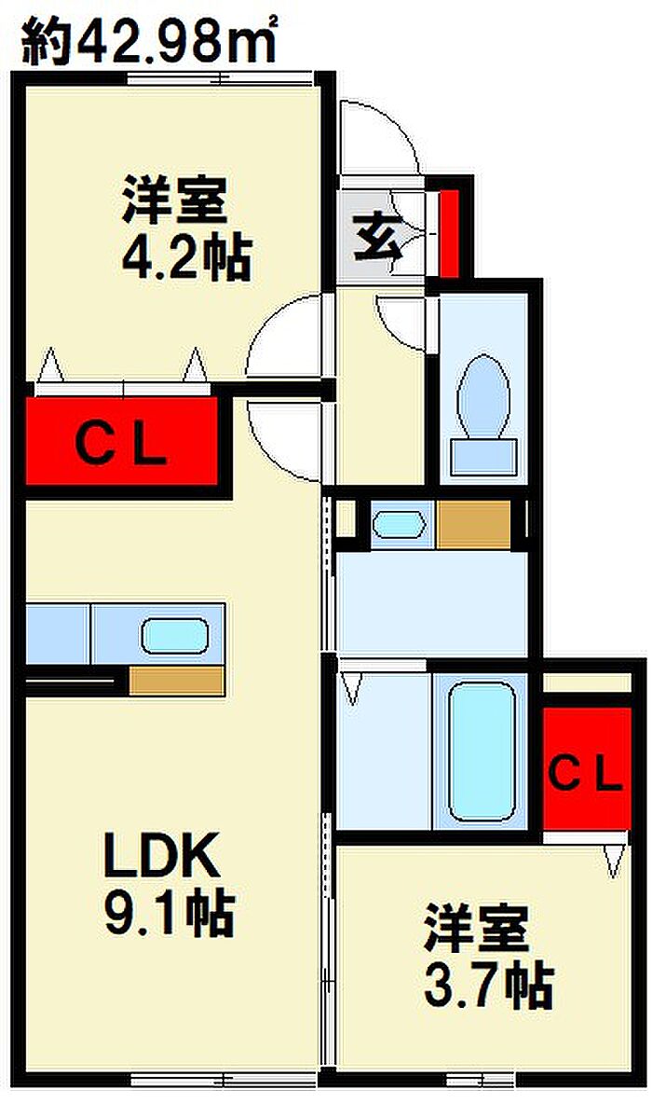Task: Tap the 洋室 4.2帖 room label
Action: click(x=185, y=228)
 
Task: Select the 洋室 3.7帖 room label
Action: click(x=488, y=956)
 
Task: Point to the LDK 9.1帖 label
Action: click(x=169, y=885)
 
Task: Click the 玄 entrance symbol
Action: click(x=377, y=237)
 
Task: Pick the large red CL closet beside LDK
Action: click(x=121, y=442)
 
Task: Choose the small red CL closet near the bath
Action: click(x=586, y=769)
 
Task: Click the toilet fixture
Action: click(x=483, y=415)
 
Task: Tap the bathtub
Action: click(x=482, y=752)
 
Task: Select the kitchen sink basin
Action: click(x=175, y=638)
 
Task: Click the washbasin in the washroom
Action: click(x=399, y=525)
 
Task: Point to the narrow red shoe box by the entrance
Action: click(x=449, y=233)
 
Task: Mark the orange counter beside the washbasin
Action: click(x=473, y=524)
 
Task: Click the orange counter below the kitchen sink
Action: click(x=176, y=681)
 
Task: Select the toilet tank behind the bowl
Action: click(x=483, y=457)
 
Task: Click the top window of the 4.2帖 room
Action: click(x=219, y=77)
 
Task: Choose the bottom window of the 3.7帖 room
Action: click(x=481, y=1079)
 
